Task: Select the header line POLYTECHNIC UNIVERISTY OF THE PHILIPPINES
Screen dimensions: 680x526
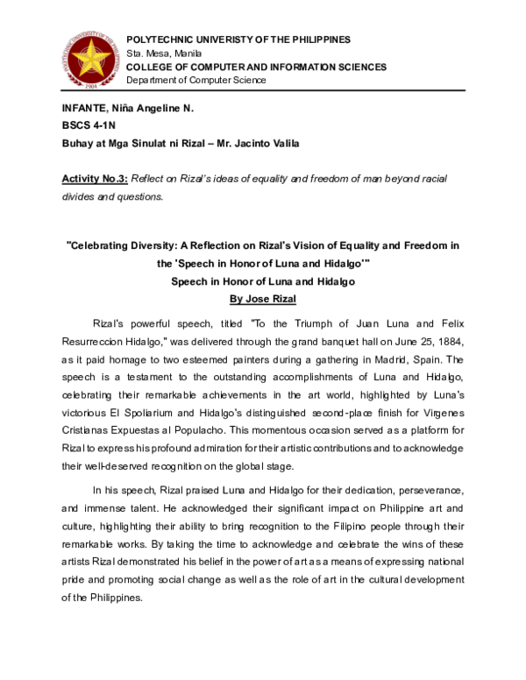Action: click(238, 40)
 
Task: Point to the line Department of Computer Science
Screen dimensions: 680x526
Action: click(196, 81)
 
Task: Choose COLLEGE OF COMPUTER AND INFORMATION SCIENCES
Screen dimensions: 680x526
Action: click(256, 67)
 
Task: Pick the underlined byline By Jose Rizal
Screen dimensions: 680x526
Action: click(264, 298)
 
